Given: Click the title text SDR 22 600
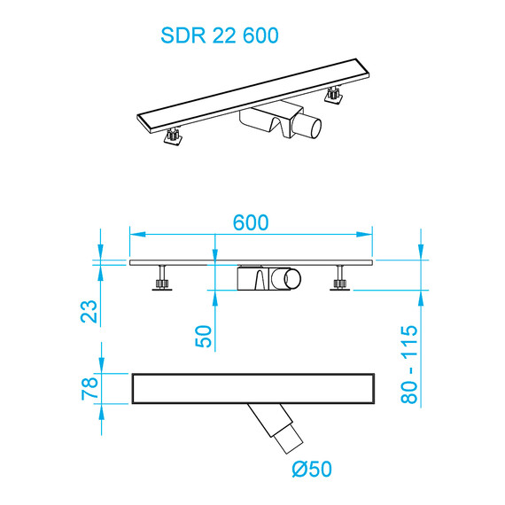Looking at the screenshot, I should pos(220,35).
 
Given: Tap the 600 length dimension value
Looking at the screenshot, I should pos(251,223).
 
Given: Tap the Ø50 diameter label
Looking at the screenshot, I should pos(311,467).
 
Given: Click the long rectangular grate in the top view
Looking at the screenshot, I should pos(254,388).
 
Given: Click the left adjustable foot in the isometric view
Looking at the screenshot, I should pos(173,136).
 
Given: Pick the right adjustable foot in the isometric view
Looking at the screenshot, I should pos(335,95).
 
